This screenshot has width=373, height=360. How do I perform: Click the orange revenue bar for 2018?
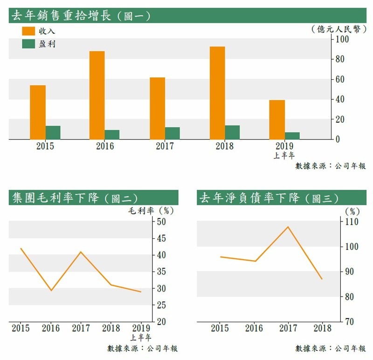coord(217,92)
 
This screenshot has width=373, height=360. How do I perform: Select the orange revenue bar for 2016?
coord(97,95)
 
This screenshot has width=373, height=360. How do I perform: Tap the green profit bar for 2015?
coord(53,132)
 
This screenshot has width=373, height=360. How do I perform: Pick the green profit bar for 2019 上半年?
coord(292,136)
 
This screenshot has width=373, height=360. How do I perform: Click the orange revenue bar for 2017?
coord(158,108)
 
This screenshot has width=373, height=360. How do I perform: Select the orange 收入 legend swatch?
coord(29,31)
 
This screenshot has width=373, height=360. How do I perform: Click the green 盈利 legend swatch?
coord(29,44)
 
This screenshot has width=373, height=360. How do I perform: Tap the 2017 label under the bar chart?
coord(165,146)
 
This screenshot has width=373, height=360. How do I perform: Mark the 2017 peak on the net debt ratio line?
coord(288,227)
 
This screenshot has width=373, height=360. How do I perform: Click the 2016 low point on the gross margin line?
coord(51,290)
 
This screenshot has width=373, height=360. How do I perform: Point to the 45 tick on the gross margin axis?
coord(161,238)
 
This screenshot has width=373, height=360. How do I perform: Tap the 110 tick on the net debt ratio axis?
coord(352,222)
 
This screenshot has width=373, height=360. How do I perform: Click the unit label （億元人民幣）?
coord(338,29)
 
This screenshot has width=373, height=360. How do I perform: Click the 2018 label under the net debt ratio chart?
coord(322,328)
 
